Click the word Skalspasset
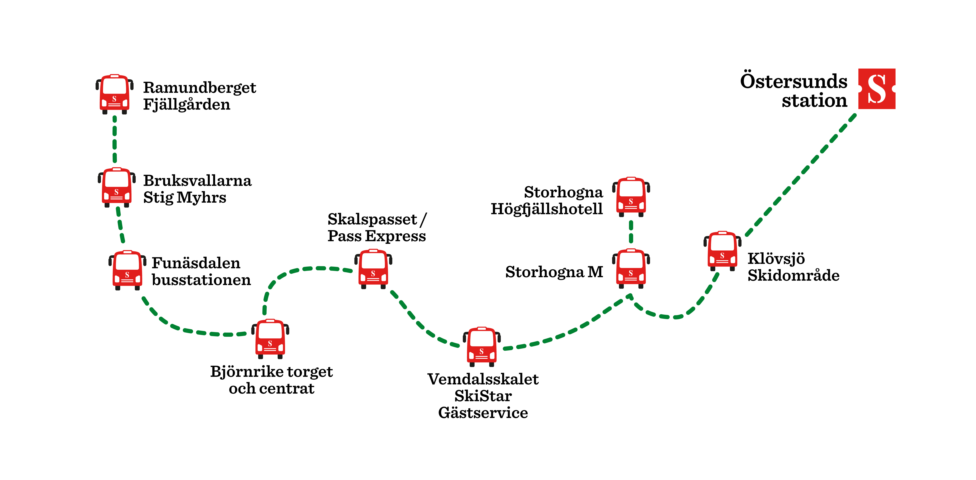coord(372,219)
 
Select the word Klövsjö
coord(776,259)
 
